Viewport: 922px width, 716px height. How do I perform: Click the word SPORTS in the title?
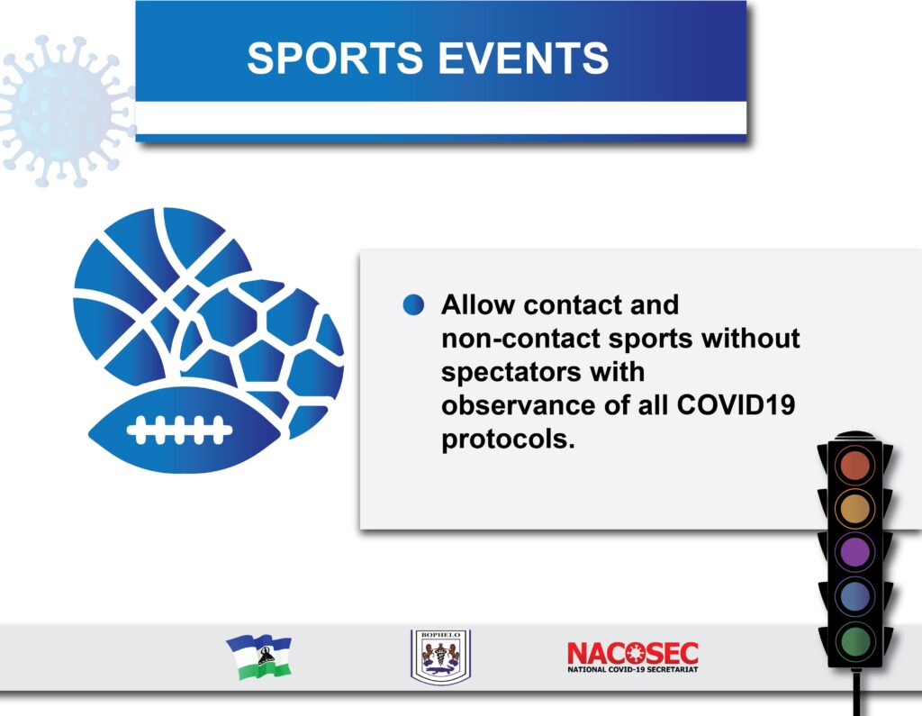335,59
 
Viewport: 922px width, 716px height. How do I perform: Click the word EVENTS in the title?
523,59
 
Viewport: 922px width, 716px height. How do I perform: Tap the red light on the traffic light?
855,465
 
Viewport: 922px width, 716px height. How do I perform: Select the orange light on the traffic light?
855,508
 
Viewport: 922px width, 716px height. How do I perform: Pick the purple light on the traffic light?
855,552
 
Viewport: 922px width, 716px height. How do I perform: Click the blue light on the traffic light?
855,595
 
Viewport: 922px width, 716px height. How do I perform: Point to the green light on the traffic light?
855,640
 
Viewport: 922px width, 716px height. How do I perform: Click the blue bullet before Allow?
413,304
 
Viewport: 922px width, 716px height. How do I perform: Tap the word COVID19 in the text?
736,404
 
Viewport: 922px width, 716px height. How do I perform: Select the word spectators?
511,373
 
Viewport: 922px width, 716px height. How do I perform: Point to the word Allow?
478,304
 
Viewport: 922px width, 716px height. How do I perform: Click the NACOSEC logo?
633,657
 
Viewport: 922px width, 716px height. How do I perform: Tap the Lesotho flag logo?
258,657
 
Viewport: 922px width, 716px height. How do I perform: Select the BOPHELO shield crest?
440,657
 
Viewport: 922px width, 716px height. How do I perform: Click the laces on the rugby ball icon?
179,431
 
